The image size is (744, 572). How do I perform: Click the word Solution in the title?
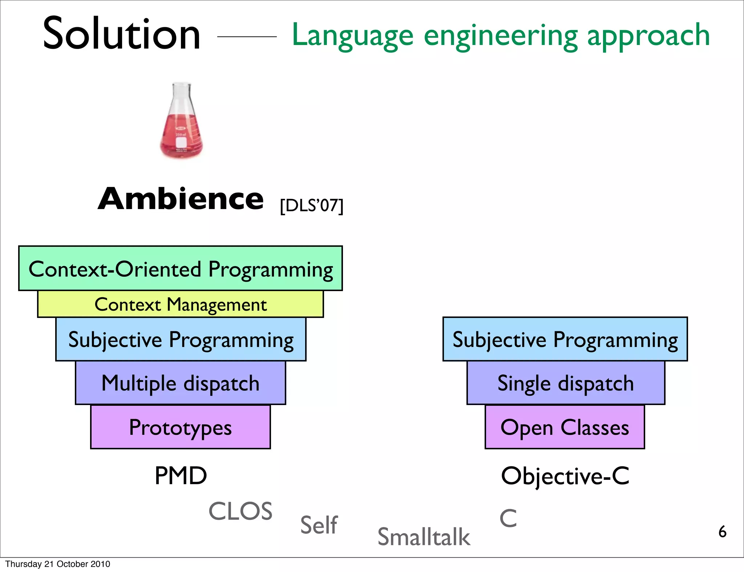pyautogui.click(x=122, y=34)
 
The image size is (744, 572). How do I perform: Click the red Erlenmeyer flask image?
pyautogui.click(x=182, y=122)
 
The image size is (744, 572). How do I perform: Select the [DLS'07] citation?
pyautogui.click(x=311, y=206)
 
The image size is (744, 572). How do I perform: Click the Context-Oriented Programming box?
pyautogui.click(x=181, y=269)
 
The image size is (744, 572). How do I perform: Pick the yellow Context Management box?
pyautogui.click(x=181, y=305)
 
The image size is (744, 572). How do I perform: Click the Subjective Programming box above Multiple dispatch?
pyautogui.click(x=181, y=339)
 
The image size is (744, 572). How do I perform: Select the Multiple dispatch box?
pyautogui.click(x=181, y=383)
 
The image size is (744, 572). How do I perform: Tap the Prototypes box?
pyautogui.click(x=181, y=427)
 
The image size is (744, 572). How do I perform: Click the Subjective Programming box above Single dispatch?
pyautogui.click(x=565, y=339)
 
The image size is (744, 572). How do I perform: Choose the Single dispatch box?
pyautogui.click(x=566, y=383)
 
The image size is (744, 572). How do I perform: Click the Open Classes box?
pyautogui.click(x=565, y=427)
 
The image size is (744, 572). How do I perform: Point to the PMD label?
pyautogui.click(x=181, y=475)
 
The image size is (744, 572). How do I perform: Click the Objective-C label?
pyautogui.click(x=565, y=475)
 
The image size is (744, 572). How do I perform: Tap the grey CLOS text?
pyautogui.click(x=240, y=511)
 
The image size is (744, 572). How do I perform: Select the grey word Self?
pyautogui.click(x=319, y=525)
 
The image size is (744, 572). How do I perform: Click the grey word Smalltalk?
pyautogui.click(x=424, y=537)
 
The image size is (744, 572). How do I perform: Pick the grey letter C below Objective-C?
pyautogui.click(x=508, y=518)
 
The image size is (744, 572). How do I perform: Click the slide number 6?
pyautogui.click(x=722, y=532)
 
